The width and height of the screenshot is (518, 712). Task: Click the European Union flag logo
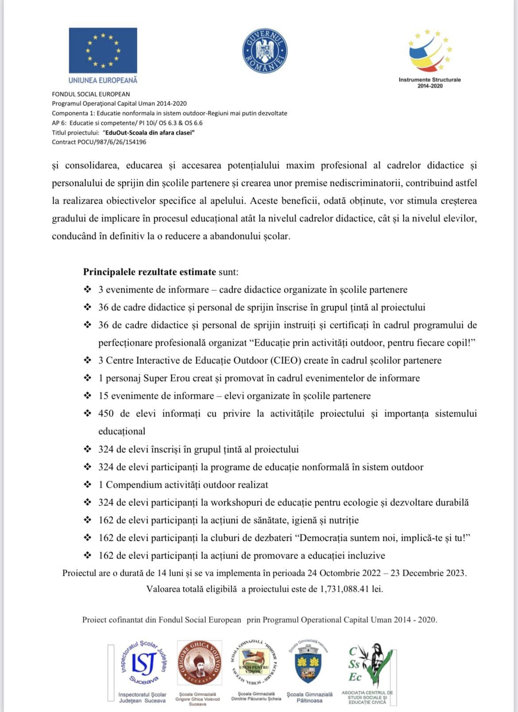(103, 50)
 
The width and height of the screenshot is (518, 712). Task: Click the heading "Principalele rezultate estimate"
(150, 272)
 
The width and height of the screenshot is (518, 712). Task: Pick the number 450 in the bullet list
(106, 413)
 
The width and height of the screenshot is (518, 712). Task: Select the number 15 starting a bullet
(103, 396)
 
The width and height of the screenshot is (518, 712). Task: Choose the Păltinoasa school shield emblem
(309, 664)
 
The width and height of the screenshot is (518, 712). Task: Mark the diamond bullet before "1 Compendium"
(88, 485)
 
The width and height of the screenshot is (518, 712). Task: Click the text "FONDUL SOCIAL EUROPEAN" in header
(91, 94)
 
